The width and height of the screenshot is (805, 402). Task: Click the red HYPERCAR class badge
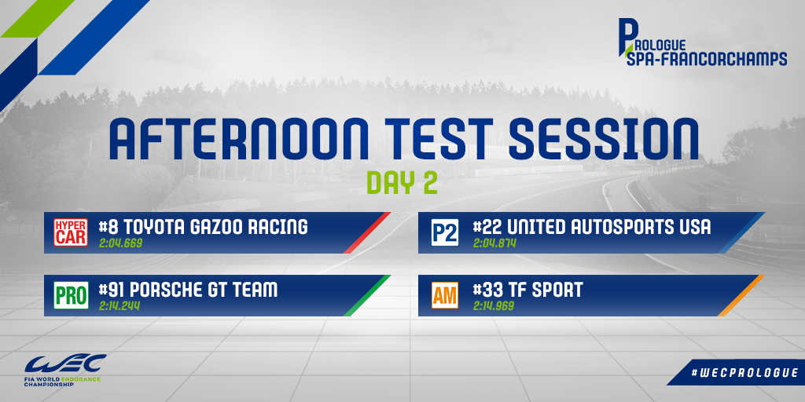pos(70,232)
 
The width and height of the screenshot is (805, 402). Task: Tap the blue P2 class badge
pos(445,232)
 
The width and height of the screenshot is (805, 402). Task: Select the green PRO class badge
pos(71,295)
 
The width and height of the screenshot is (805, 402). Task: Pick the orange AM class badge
pos(445,295)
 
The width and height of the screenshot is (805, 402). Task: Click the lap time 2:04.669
pos(120,243)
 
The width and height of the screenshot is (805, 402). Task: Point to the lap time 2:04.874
pos(494,243)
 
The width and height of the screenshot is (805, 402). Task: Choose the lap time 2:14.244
pos(119,306)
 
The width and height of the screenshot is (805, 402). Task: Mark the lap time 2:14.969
pos(494,306)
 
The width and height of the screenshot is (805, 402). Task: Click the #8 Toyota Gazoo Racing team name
pos(204,227)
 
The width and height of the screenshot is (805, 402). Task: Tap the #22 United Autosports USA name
pos(592,227)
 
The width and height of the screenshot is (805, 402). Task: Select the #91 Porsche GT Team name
pos(188,290)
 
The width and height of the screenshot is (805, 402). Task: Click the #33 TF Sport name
pos(527,290)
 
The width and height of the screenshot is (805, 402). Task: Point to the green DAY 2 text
pos(402,184)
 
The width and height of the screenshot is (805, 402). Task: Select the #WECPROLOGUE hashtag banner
pos(736,372)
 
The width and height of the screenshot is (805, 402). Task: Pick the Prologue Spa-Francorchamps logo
pos(702,44)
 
